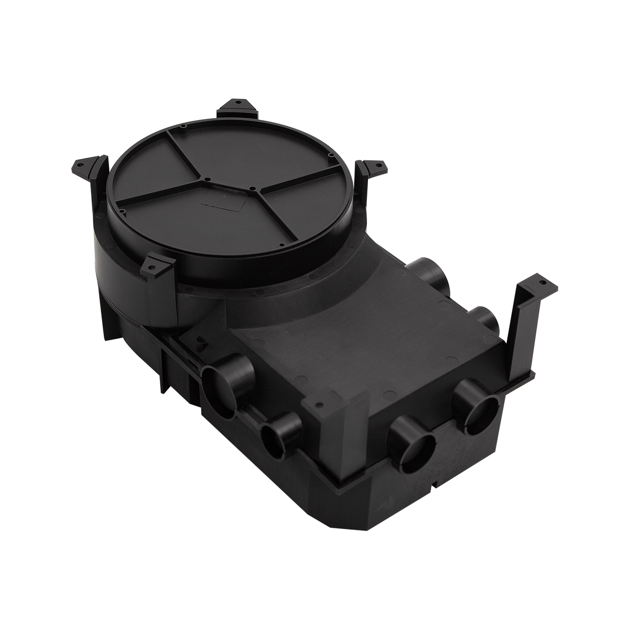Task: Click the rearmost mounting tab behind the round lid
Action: (x=237, y=107)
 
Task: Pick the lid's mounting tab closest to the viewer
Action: (x=158, y=264)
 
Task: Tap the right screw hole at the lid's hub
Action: (x=252, y=188)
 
